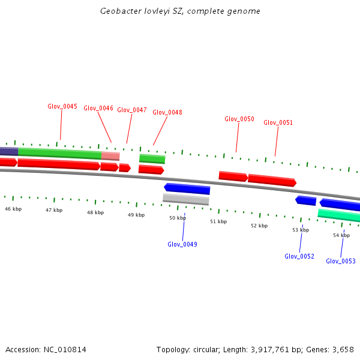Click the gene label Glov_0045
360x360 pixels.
point(62,106)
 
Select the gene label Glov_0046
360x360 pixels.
point(98,108)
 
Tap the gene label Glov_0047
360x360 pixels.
point(132,110)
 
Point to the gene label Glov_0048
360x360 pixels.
point(167,112)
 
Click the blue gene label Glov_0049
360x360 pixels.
point(182,244)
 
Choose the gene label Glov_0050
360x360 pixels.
point(239,119)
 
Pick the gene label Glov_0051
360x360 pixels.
point(278,122)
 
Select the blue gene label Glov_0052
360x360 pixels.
point(299,256)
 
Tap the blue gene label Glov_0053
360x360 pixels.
point(341,261)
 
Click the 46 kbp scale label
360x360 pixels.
point(13,209)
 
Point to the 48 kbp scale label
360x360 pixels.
point(95,212)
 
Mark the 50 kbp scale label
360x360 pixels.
point(178,218)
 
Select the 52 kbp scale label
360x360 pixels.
point(259,226)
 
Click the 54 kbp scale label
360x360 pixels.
point(341,235)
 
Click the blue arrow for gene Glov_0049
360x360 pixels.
point(187,189)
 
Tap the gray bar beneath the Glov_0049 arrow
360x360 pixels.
point(186,199)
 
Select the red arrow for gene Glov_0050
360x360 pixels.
point(233,176)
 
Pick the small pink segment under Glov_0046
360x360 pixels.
point(110,156)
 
